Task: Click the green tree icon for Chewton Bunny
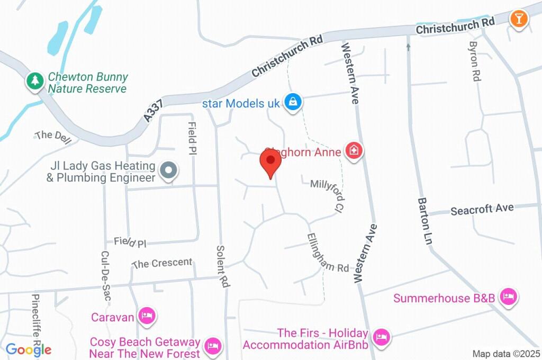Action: click(x=35, y=81)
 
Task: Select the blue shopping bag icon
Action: click(x=292, y=102)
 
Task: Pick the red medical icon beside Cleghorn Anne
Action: click(x=353, y=151)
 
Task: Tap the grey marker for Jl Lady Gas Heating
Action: click(x=169, y=171)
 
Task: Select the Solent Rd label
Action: click(x=223, y=266)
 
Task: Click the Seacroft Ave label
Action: click(x=482, y=209)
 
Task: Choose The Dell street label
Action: click(x=51, y=135)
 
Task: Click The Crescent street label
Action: click(x=162, y=263)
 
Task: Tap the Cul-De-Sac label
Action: click(x=105, y=275)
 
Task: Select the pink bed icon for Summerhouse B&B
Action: click(x=508, y=297)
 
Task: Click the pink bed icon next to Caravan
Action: click(x=147, y=317)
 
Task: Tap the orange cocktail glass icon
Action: click(x=518, y=19)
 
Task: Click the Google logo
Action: click(x=29, y=349)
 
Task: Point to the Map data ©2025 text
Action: click(x=506, y=354)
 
